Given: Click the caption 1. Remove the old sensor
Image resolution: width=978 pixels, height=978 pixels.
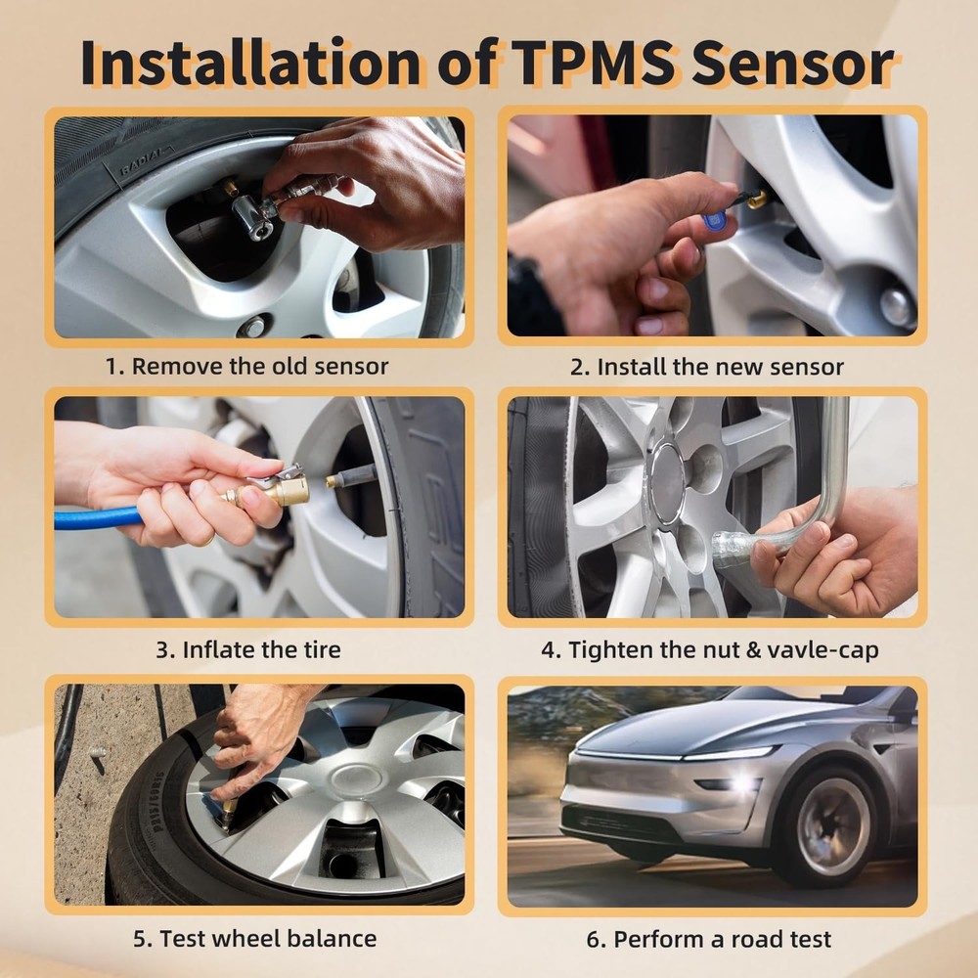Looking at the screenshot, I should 246,367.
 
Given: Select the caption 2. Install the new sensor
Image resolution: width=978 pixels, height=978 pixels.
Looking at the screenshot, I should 707,367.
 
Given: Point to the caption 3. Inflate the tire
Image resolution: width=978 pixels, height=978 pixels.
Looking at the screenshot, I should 247,649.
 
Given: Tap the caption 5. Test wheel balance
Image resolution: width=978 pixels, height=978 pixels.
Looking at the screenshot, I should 254,938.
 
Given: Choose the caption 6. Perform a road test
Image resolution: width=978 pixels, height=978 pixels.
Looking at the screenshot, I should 709,939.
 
